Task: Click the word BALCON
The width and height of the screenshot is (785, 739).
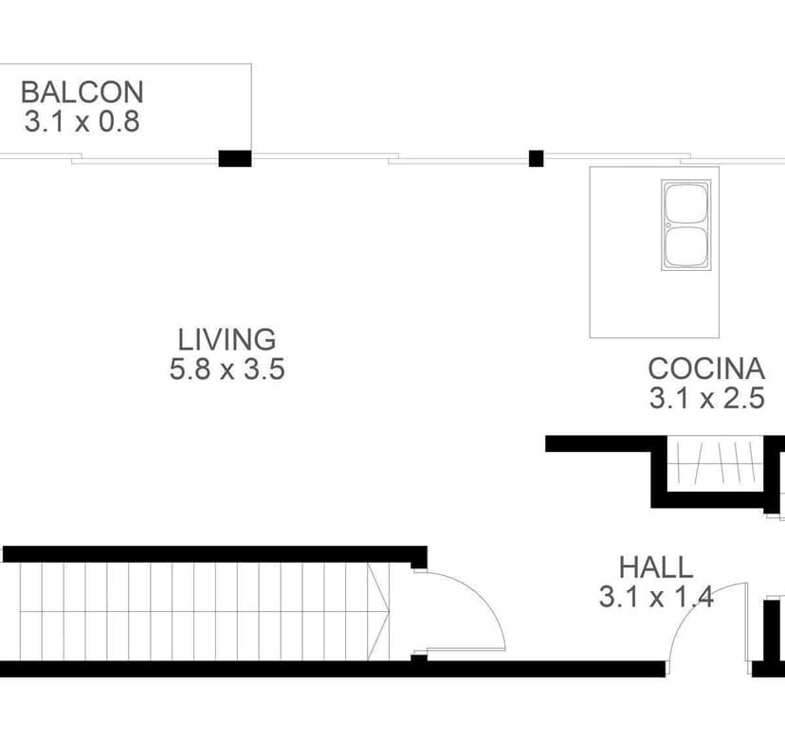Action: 82,92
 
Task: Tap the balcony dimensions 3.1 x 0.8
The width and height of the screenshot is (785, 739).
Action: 82,121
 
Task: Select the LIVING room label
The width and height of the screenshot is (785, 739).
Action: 227,340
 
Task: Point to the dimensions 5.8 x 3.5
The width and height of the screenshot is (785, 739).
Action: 227,369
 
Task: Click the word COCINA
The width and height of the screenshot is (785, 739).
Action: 706,369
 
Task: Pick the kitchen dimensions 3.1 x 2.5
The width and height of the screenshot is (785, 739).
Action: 707,398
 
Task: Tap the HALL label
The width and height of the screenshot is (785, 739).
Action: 656,568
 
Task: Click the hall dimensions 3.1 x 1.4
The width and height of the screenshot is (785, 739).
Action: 656,597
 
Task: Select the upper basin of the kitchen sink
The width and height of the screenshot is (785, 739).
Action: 686,203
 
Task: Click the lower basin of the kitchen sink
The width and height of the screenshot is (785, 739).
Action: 686,247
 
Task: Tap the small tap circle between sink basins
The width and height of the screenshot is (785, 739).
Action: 668,225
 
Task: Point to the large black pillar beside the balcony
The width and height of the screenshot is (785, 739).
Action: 235,158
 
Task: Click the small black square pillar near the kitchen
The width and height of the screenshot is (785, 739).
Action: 537,158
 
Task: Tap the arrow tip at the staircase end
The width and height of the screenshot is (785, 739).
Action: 389,611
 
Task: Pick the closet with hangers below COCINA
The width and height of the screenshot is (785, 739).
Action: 715,463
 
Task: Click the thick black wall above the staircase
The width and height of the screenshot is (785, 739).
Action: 215,554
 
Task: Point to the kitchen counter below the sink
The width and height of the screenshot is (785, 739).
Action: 654,304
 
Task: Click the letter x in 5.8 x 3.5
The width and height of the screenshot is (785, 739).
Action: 227,371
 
